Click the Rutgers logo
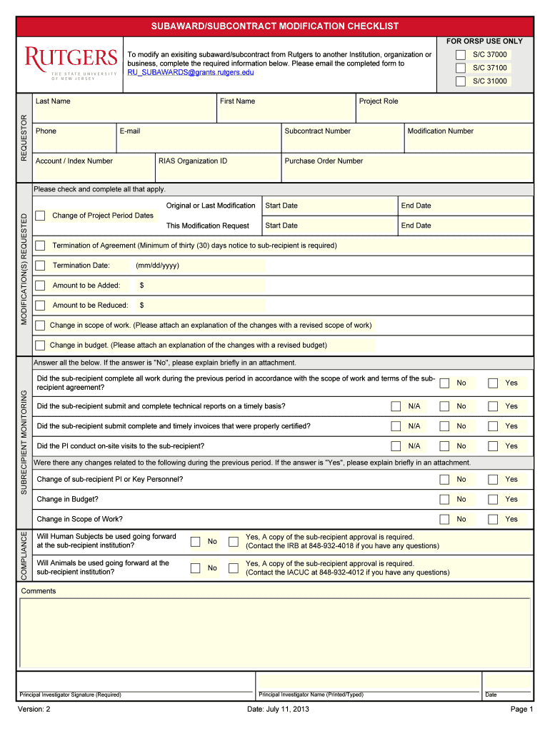pyautogui.click(x=71, y=63)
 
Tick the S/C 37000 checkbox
pyautogui.click(x=461, y=55)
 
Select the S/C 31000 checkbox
pyautogui.click(x=461, y=81)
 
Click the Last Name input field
pyautogui.click(x=124, y=113)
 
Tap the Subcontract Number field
pyautogui.click(x=341, y=143)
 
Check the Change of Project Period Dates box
pyautogui.click(x=41, y=216)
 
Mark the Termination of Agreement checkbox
pyautogui.click(x=41, y=246)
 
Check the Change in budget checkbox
pyautogui.click(x=41, y=346)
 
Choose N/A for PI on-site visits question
pyautogui.click(x=396, y=446)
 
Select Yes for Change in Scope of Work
pyautogui.click(x=493, y=519)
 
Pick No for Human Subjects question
pyautogui.click(x=196, y=542)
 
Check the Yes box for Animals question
pyautogui.click(x=234, y=568)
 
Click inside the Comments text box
pyautogui.click(x=274, y=632)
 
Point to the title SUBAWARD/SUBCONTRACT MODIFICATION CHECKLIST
pyautogui.click(x=274, y=26)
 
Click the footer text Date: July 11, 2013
pyautogui.click(x=278, y=709)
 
